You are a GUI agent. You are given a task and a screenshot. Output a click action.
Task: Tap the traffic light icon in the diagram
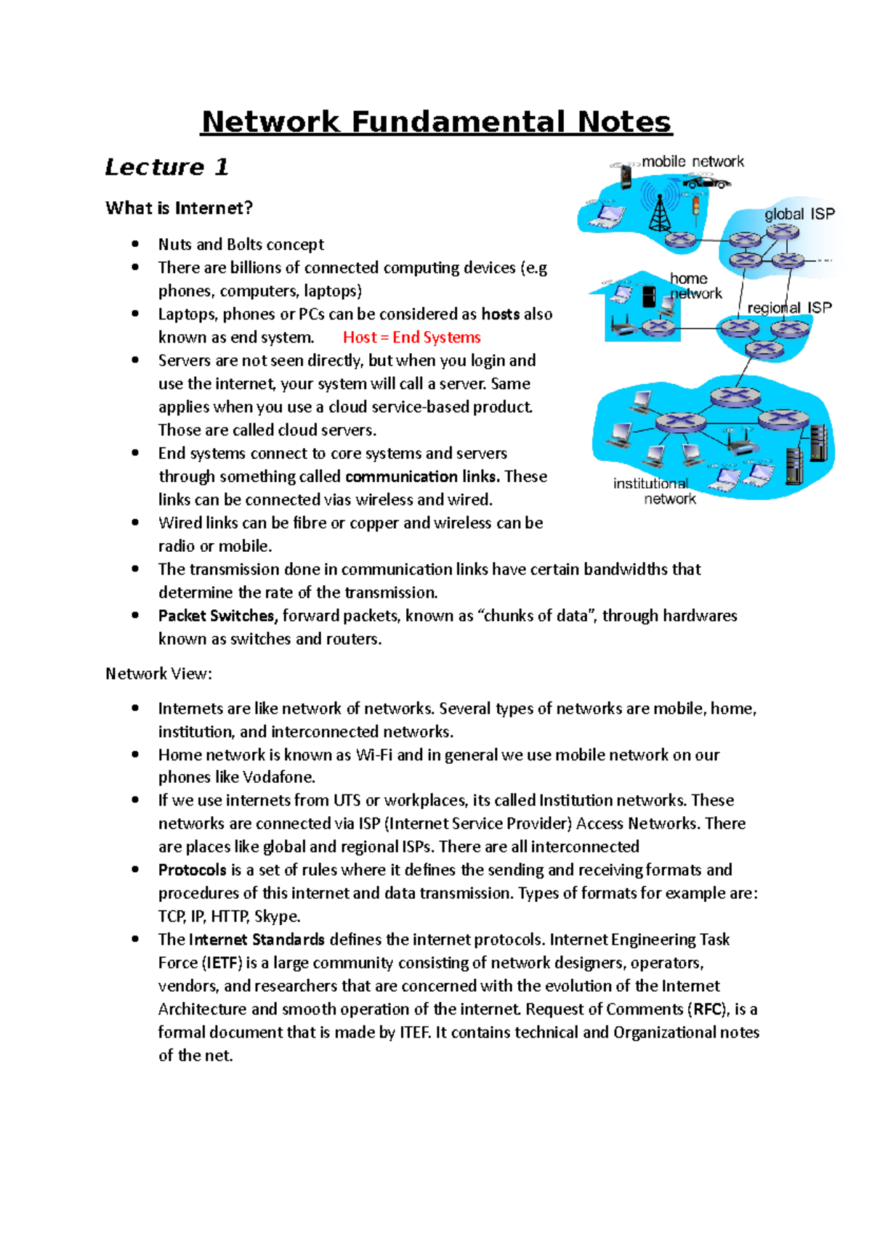[x=695, y=205]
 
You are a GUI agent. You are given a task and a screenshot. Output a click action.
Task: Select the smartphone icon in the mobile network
[x=626, y=175]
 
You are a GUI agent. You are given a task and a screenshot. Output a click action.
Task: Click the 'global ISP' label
[x=799, y=214]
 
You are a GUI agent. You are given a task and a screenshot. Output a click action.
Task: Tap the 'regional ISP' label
[x=790, y=308]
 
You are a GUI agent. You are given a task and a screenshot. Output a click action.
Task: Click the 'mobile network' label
[x=693, y=161]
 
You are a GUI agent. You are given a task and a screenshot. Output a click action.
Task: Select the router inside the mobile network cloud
[x=681, y=239]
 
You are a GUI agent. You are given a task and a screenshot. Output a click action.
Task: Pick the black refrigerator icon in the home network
[x=649, y=296]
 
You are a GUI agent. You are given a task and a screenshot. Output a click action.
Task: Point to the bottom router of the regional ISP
[x=764, y=349]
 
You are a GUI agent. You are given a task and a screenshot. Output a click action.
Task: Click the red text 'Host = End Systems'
[x=411, y=338]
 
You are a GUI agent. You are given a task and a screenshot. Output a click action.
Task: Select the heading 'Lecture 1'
[x=167, y=168]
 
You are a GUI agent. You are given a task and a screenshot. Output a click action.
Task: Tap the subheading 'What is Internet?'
[x=179, y=208]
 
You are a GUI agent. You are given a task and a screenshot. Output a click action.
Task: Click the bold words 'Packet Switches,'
[x=217, y=616]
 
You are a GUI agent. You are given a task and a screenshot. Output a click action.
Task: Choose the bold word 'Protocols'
[x=193, y=870]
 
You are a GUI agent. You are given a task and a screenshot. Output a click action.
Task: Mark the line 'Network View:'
[x=158, y=674]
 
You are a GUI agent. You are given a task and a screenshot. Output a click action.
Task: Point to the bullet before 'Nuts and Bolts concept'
[x=135, y=245]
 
